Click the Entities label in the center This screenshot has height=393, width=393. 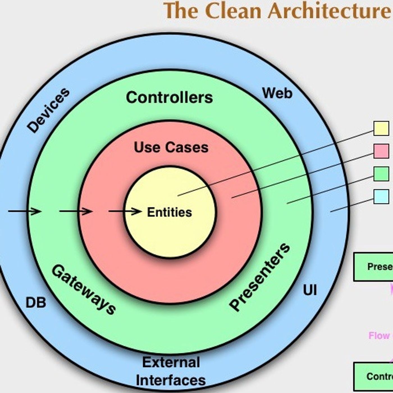click(x=170, y=212)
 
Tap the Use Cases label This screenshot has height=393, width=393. click(x=171, y=147)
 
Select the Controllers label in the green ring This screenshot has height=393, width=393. click(x=169, y=98)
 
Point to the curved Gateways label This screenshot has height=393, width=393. click(x=83, y=289)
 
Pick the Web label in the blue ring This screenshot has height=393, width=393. click(x=277, y=93)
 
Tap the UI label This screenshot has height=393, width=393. click(x=310, y=290)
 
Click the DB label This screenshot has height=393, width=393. click(x=36, y=303)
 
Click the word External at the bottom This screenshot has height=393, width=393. click(x=171, y=362)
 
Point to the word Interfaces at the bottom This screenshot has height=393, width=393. click(x=171, y=380)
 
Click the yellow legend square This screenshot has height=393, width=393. click(x=381, y=128)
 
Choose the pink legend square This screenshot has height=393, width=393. click(x=381, y=151)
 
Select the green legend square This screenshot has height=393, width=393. click(x=381, y=174)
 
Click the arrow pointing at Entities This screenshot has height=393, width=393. click(x=125, y=211)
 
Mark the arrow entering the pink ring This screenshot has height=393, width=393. click(x=76, y=211)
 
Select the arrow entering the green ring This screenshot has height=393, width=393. click(x=25, y=211)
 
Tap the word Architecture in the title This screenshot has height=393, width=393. click(x=328, y=11)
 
